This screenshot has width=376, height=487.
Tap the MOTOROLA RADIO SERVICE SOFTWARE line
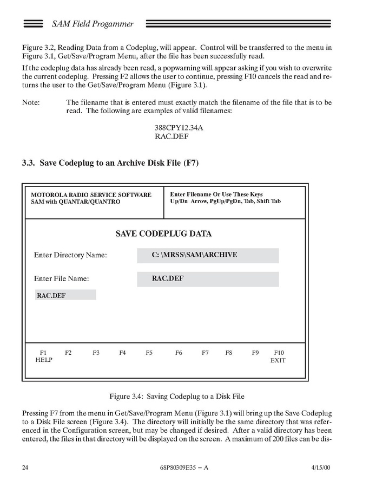click(x=91, y=195)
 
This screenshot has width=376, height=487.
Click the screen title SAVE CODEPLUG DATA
click(x=164, y=234)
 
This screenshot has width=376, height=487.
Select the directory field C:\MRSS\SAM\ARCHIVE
click(x=208, y=255)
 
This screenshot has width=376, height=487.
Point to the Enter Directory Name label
click(x=70, y=255)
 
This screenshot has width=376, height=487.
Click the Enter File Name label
click(x=61, y=279)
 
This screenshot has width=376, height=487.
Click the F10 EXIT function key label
click(x=278, y=356)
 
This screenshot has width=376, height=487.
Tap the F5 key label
click(x=149, y=353)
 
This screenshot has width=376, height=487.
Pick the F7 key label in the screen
click(x=205, y=353)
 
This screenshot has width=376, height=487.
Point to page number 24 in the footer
click(x=25, y=467)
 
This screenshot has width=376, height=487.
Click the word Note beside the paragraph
click(x=31, y=102)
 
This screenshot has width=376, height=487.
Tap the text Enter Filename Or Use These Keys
click(x=216, y=194)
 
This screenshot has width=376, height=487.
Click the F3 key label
click(x=96, y=353)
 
